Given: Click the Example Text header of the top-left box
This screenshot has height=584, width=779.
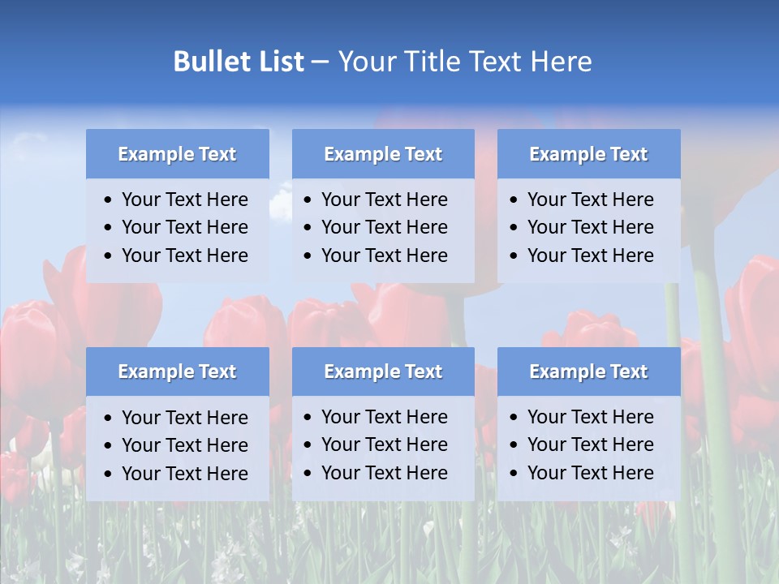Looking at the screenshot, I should coord(177,154).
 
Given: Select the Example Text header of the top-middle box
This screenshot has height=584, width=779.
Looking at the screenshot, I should coord(383,154).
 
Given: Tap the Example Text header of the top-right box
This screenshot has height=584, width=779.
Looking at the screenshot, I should coord(588,154).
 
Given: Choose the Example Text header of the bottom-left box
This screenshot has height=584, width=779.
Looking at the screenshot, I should coord(177,371).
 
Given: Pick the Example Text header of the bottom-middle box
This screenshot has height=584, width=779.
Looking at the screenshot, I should coord(383,371).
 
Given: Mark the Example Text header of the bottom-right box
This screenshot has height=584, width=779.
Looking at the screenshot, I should coord(588,371).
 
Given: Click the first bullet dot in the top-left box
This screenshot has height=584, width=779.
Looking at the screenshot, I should coord(109,200).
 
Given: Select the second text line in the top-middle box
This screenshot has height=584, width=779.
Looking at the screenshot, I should coord(384,227).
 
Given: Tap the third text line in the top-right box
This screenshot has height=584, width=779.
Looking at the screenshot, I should coord(590,255).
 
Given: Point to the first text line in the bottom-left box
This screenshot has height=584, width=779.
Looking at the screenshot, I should coord(184,418).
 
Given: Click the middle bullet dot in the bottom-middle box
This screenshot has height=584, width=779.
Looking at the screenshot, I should coord(308,445).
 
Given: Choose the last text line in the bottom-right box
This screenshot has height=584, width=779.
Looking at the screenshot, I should coord(590,473).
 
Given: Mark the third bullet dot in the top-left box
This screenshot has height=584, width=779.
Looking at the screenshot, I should coord(109,256).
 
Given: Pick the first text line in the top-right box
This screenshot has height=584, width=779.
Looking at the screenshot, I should coord(590,200).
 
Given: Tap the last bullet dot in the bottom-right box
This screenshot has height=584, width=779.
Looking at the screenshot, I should coord(514,474).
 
